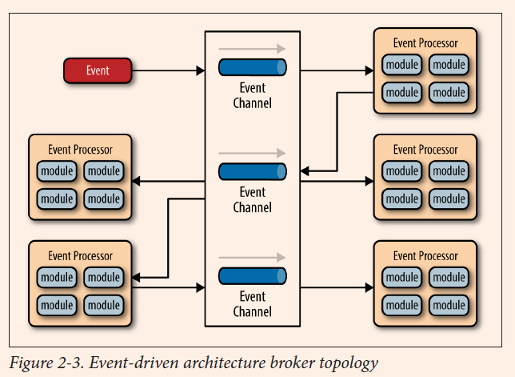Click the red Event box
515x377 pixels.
[98, 70]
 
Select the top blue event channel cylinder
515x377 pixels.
[252, 67]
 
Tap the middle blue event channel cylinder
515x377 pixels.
[252, 171]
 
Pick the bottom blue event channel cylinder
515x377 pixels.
[252, 276]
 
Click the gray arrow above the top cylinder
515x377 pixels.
[252, 49]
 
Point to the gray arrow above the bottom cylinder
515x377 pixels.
[252, 258]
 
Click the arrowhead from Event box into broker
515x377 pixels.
[201, 70]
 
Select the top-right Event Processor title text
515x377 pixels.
[425, 43]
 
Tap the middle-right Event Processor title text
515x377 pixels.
[425, 150]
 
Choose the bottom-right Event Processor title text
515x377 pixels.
[425, 255]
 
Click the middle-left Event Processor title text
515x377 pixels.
[80, 150]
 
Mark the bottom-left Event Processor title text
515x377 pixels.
[80, 255]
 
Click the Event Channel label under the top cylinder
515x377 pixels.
[252, 95]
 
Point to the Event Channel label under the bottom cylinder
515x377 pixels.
[252, 304]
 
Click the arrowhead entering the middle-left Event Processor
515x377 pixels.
[136, 181]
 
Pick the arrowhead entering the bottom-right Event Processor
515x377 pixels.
[369, 287]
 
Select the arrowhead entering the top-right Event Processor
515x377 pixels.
[369, 70]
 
